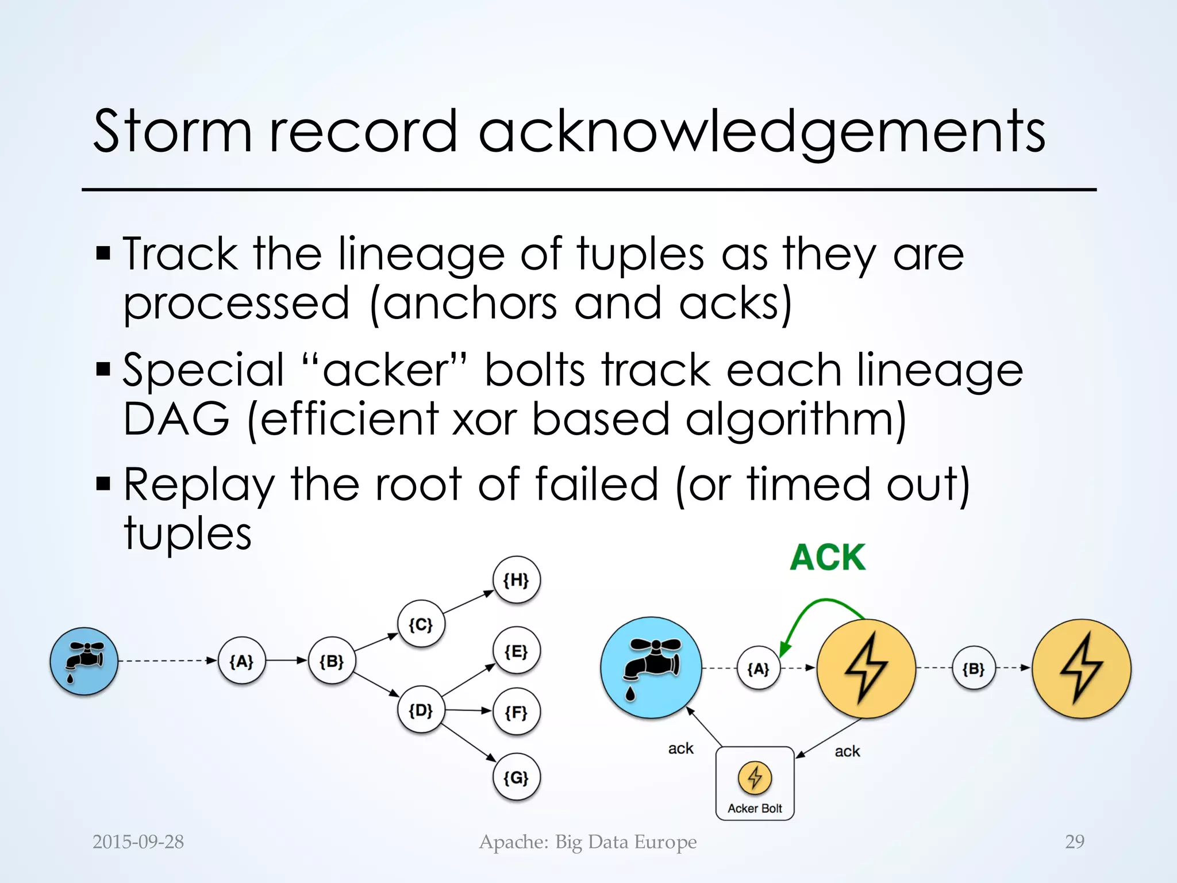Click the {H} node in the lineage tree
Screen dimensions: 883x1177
[516, 580]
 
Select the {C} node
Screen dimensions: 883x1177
[421, 624]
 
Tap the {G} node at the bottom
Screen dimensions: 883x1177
[516, 778]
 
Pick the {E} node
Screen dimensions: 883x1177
[516, 651]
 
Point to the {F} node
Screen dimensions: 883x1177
[516, 713]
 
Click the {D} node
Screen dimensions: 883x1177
[421, 711]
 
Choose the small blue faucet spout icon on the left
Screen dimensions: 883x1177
[84, 661]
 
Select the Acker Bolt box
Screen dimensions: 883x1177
[755, 784]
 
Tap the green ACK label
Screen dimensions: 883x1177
[828, 558]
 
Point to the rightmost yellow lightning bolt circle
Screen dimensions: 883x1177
[1081, 669]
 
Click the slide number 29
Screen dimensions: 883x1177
[1074, 842]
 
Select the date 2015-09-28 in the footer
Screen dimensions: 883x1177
[138, 842]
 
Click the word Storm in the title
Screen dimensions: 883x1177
[172, 132]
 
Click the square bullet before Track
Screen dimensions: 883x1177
[103, 253]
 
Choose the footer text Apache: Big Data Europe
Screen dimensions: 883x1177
[588, 842]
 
